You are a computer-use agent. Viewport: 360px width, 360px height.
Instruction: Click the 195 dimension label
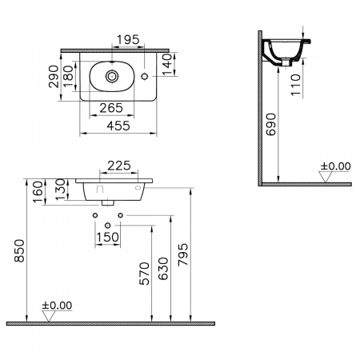click(128, 40)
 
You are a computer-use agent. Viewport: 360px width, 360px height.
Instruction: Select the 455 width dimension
click(118, 126)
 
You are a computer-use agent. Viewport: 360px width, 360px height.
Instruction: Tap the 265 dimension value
click(111, 108)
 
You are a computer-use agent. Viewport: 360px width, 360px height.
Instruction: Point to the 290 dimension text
click(54, 77)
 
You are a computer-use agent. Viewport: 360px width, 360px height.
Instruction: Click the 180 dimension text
click(68, 76)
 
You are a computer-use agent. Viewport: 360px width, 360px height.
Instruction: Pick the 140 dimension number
click(167, 65)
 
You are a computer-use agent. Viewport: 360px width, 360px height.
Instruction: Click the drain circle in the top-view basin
click(112, 76)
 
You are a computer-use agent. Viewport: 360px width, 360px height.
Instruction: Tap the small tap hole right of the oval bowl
click(145, 77)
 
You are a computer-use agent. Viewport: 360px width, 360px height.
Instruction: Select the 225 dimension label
click(119, 166)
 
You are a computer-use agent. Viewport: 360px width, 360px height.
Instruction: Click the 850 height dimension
click(19, 250)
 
